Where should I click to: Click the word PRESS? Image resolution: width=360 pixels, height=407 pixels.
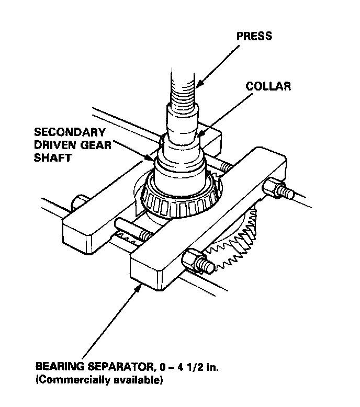click(254, 36)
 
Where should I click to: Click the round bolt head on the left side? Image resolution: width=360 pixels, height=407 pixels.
click(80, 202)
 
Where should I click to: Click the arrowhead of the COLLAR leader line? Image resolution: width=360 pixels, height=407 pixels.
click(198, 134)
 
